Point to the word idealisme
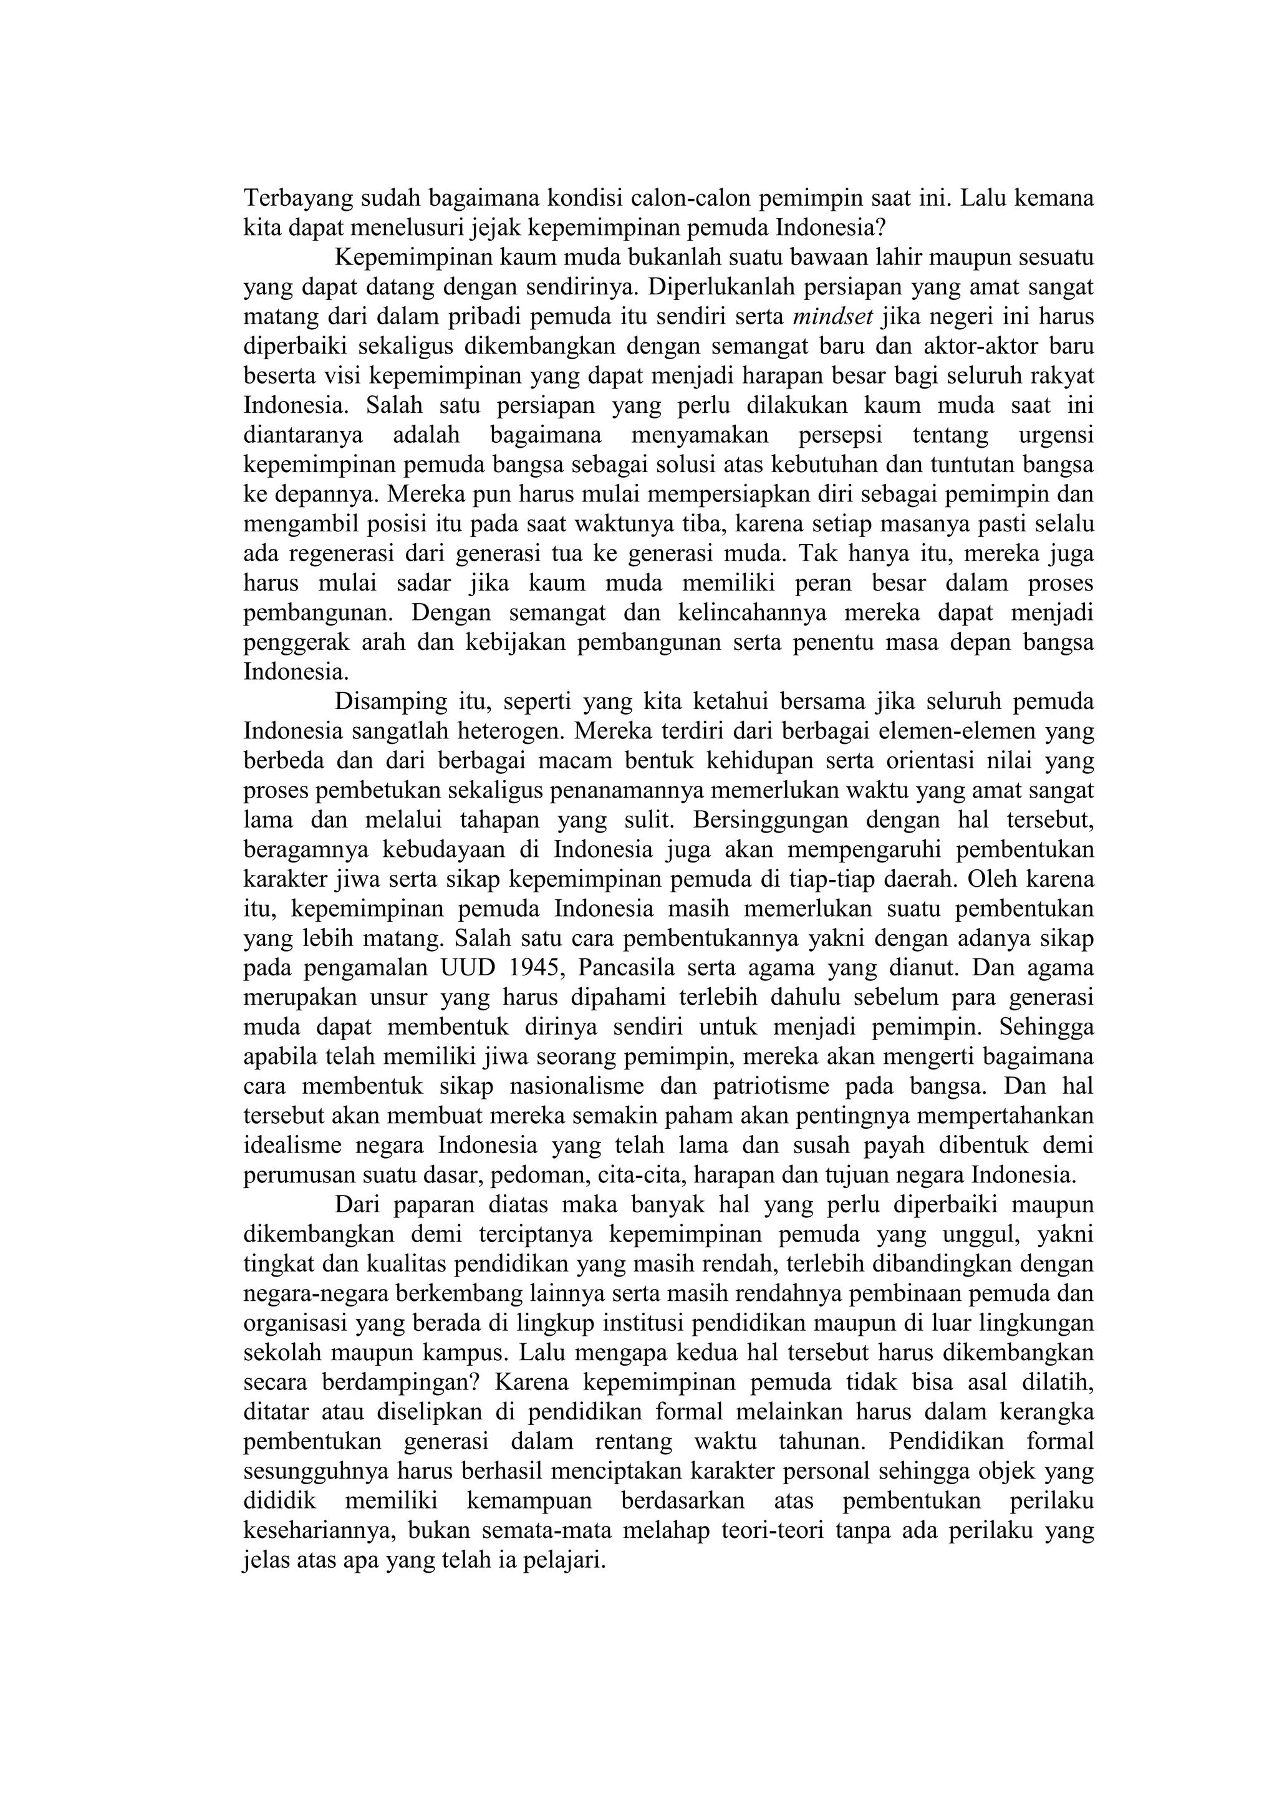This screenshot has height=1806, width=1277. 292,1146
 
